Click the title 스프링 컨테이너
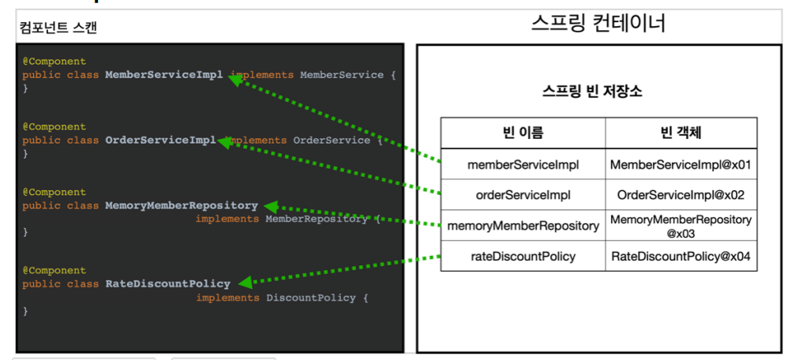click(x=598, y=23)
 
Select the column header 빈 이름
click(x=523, y=132)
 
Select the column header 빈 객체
click(x=681, y=132)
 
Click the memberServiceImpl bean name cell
click(x=523, y=165)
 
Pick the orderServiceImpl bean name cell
click(x=523, y=194)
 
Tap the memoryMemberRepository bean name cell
click(x=523, y=226)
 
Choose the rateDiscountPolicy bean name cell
click(x=523, y=256)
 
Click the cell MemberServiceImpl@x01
click(x=681, y=165)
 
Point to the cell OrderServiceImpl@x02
click(x=681, y=194)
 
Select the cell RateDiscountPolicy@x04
click(x=681, y=256)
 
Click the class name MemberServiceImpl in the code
click(x=164, y=75)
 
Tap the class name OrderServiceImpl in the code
click(x=160, y=141)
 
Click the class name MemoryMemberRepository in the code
click(x=182, y=205)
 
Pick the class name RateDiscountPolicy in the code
click(x=167, y=283)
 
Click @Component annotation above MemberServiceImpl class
click(x=54, y=62)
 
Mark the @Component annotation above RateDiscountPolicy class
click(x=54, y=270)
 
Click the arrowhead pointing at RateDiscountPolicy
click(x=246, y=282)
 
